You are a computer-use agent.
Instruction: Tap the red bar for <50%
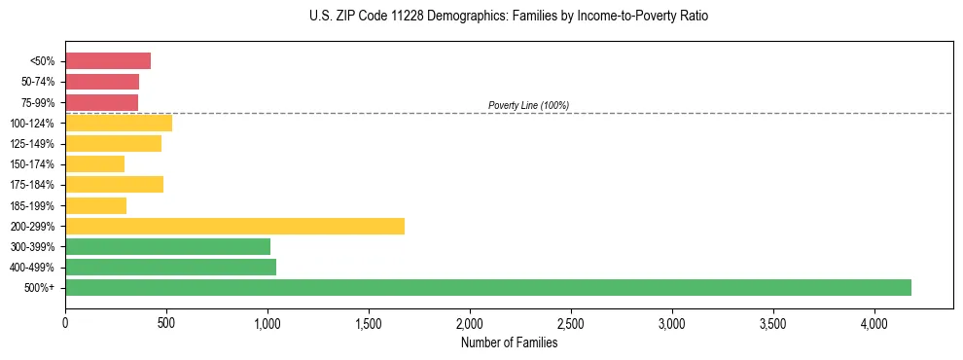(x=108, y=61)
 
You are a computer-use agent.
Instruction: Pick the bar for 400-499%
(x=170, y=267)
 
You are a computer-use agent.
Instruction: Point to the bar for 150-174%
(x=94, y=163)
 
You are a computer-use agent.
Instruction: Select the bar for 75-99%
(x=101, y=102)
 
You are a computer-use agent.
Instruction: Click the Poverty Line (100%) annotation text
(x=528, y=105)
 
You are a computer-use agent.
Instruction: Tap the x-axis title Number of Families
(x=509, y=342)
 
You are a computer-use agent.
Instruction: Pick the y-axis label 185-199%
(x=32, y=205)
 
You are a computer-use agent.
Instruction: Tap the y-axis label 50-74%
(x=37, y=82)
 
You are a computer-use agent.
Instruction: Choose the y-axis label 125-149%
(x=32, y=144)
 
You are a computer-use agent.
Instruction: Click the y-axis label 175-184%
(x=32, y=185)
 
